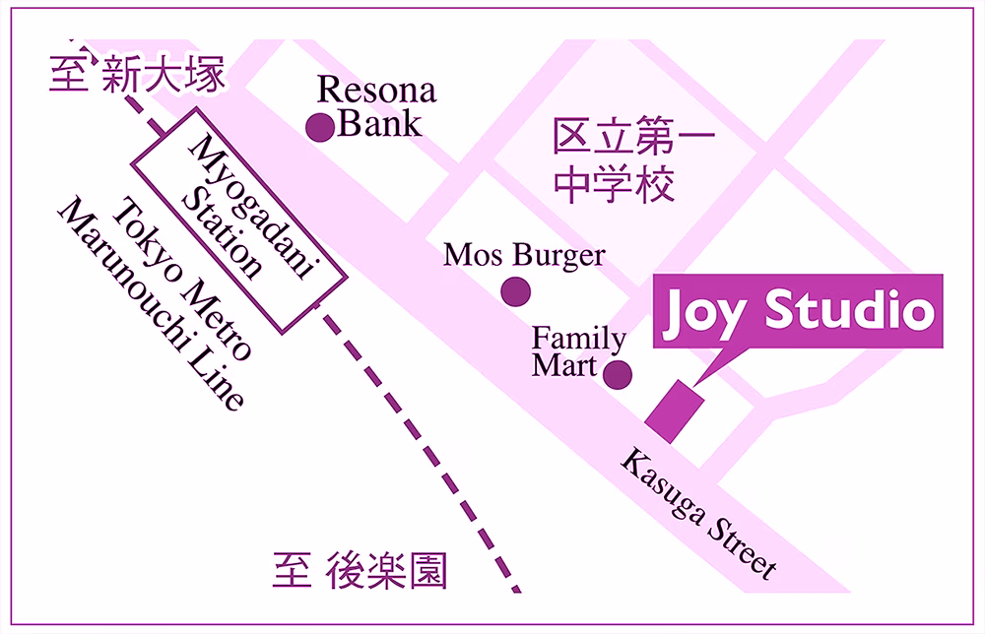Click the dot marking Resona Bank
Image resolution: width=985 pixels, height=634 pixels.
[x=319, y=127]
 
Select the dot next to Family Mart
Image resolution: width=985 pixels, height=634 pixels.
[x=618, y=374]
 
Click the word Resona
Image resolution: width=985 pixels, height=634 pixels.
[x=376, y=92]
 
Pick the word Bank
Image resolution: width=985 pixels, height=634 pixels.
[x=379, y=124]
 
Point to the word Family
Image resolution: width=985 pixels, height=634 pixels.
[x=579, y=340]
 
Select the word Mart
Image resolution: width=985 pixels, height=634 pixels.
[x=564, y=366]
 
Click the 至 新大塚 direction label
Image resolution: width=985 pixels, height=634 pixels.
[x=138, y=75]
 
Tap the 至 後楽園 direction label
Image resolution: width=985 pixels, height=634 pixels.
[x=360, y=571]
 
